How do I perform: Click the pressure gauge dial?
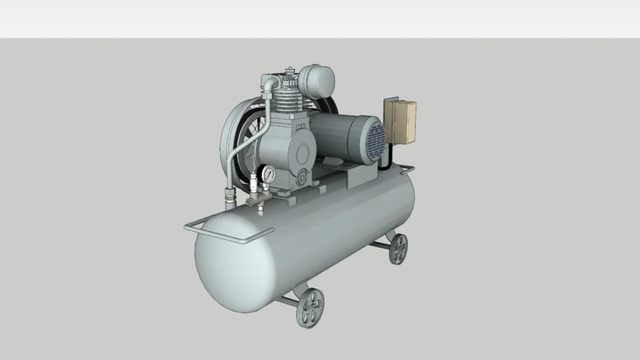pyautogui.click(x=269, y=173)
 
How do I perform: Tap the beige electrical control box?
pyautogui.click(x=399, y=122)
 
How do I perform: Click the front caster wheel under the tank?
pyautogui.click(x=310, y=308)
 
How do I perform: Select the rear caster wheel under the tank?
pyautogui.click(x=398, y=248)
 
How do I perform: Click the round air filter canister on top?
pyautogui.click(x=316, y=82)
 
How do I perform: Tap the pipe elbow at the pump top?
pyautogui.click(x=269, y=84)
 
